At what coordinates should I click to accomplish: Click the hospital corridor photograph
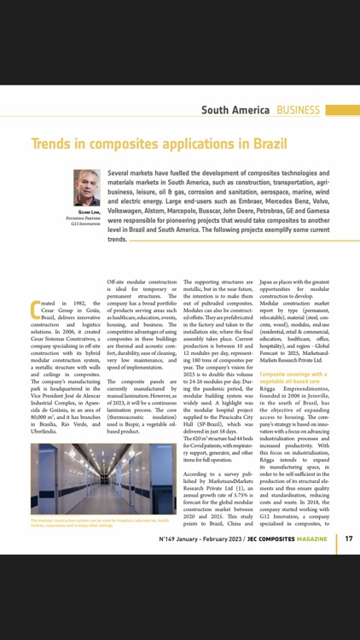pos(102,478)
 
